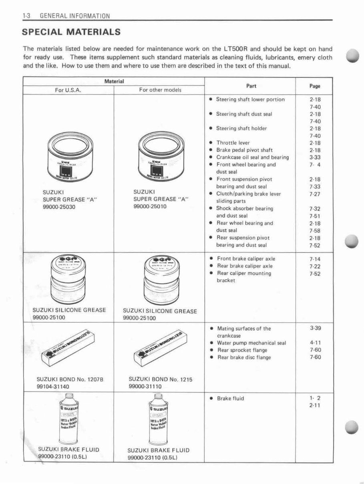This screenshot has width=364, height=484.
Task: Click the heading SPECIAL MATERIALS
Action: point(71,32)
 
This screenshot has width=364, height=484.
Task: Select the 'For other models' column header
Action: point(160,90)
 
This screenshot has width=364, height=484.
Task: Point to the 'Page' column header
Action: point(315,86)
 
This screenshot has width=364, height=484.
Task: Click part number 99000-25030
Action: point(59,207)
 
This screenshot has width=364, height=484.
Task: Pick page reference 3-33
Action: point(315,157)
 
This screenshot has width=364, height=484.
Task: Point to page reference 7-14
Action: point(315,259)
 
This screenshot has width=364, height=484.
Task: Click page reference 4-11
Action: point(315,343)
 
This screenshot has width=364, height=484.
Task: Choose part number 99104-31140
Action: point(53,386)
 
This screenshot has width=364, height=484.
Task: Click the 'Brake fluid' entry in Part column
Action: point(230,398)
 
